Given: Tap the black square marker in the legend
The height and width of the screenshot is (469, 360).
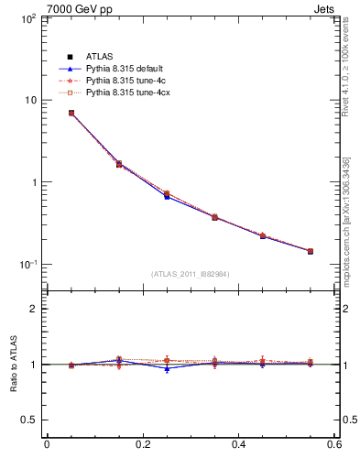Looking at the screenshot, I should click(x=70, y=57).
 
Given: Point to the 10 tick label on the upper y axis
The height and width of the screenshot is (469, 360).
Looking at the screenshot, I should click(x=28, y=100).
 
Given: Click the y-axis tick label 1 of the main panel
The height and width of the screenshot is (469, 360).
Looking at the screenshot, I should click(x=32, y=182).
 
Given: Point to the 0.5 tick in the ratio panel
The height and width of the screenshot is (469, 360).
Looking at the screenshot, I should click(x=28, y=420).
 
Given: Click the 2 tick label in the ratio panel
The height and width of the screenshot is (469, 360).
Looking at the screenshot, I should click(x=32, y=309).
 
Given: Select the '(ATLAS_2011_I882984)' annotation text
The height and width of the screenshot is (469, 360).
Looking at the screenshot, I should click(x=191, y=274).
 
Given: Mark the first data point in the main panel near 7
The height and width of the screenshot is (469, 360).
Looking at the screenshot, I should click(x=71, y=113).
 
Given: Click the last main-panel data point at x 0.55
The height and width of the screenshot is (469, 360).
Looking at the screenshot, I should click(x=310, y=251).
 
